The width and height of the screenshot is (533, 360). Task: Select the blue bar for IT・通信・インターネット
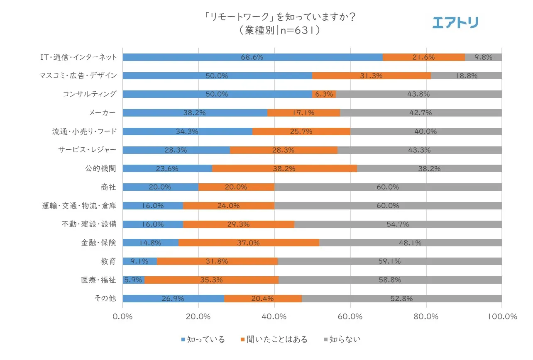(x=252, y=57)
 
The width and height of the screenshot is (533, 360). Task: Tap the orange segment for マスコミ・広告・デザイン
(x=371, y=76)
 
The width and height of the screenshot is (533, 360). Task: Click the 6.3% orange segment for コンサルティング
(x=324, y=94)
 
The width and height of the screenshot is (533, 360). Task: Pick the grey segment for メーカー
(x=421, y=113)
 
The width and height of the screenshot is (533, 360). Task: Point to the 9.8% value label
(x=483, y=57)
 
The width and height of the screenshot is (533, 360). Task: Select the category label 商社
(x=109, y=187)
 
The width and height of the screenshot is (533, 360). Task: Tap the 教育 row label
(x=109, y=261)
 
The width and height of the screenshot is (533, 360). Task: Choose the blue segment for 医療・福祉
(x=133, y=280)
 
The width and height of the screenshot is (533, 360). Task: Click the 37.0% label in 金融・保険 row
(x=249, y=243)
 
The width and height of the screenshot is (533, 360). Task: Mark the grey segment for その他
(x=401, y=299)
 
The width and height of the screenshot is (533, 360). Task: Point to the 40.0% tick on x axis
(x=274, y=316)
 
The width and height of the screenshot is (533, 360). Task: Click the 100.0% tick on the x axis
(x=501, y=316)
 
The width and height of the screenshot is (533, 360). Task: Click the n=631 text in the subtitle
(x=295, y=31)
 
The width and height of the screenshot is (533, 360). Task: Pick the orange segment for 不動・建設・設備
(x=238, y=224)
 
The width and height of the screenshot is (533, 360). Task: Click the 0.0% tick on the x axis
(x=123, y=316)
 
